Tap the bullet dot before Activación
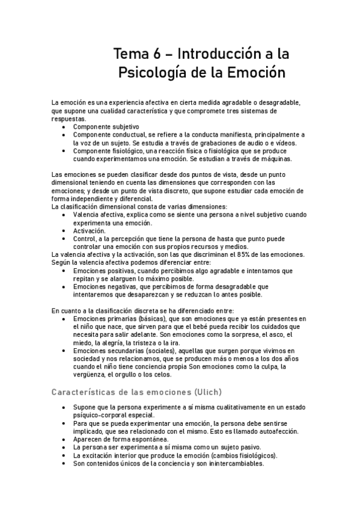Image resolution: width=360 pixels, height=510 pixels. [x=65, y=230]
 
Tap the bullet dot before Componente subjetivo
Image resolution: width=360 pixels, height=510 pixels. [x=65, y=127]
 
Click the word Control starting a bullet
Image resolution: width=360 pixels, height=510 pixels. [x=86, y=238]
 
